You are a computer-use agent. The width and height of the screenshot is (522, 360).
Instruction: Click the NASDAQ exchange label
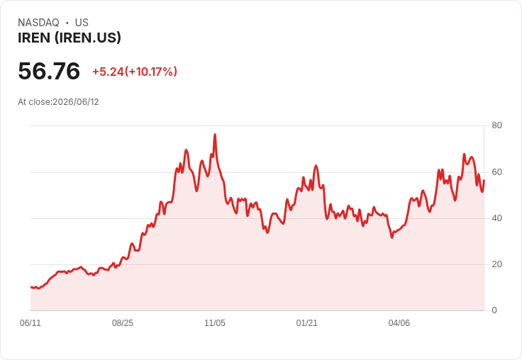click(38, 23)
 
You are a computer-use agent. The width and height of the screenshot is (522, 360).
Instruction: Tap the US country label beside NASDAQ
click(82, 23)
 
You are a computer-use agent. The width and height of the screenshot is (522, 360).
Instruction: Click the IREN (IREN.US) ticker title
click(70, 38)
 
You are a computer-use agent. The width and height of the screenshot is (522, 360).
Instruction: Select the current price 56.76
click(49, 71)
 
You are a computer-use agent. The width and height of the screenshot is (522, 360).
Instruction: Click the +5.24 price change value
click(108, 72)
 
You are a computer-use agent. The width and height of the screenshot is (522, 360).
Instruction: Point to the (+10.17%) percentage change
click(151, 72)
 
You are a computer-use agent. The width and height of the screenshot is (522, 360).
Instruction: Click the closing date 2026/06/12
click(76, 102)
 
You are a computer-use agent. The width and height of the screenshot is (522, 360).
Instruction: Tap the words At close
click(35, 102)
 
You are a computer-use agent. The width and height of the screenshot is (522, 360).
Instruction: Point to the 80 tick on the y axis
click(496, 125)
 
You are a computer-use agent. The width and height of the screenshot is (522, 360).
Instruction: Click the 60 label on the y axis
click(496, 172)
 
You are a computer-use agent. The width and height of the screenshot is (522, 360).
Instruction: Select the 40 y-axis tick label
click(496, 218)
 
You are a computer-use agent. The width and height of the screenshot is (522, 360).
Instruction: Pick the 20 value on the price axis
click(496, 264)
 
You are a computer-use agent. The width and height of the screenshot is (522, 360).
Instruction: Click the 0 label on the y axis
click(494, 310)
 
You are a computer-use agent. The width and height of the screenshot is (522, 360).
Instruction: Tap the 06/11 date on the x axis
click(30, 323)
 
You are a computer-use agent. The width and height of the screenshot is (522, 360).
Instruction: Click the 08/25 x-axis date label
click(123, 323)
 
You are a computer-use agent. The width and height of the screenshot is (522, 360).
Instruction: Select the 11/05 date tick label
click(215, 323)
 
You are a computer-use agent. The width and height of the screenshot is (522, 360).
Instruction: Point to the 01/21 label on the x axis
click(306, 323)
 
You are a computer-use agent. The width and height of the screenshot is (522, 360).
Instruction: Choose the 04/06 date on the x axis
click(399, 323)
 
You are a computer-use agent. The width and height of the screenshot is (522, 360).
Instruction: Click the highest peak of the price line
click(215, 135)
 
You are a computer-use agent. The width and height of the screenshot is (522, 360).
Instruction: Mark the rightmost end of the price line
click(484, 180)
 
